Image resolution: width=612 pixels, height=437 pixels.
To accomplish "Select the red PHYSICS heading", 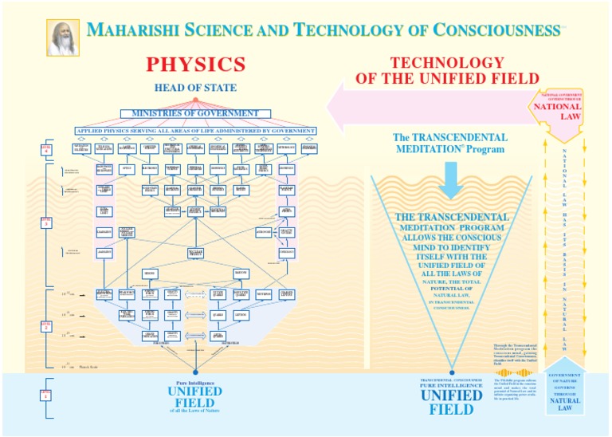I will point(195,64).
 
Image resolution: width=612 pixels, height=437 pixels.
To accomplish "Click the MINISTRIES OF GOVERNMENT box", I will point(195,114).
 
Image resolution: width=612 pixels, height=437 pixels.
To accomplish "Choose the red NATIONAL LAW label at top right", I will point(557,109).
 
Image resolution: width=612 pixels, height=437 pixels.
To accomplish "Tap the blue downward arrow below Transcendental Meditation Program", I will point(451,179).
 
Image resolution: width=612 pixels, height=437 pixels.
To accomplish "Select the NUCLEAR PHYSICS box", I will point(195,253).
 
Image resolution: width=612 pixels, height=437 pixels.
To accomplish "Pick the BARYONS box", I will point(240,274).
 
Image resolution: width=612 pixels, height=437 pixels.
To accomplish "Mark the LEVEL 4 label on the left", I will point(46,149).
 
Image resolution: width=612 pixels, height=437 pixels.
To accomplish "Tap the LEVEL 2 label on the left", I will point(46,325).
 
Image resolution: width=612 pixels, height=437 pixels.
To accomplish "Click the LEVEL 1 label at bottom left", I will point(46,395).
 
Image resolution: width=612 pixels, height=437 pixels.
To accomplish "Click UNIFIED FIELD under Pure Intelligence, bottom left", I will point(195,396).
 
